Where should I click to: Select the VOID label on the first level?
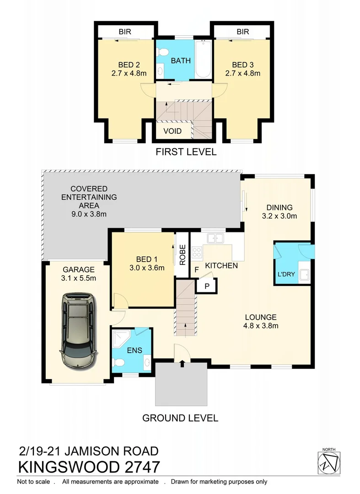[x=172, y=131]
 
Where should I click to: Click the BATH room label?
[x=181, y=60]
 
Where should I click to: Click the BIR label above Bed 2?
[x=125, y=32]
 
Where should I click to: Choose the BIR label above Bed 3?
[x=243, y=32]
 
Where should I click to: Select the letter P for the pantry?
[x=206, y=286]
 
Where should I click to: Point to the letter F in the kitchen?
[x=197, y=269]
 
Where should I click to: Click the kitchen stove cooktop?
[x=197, y=252]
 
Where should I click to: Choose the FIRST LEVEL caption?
[x=185, y=151]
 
